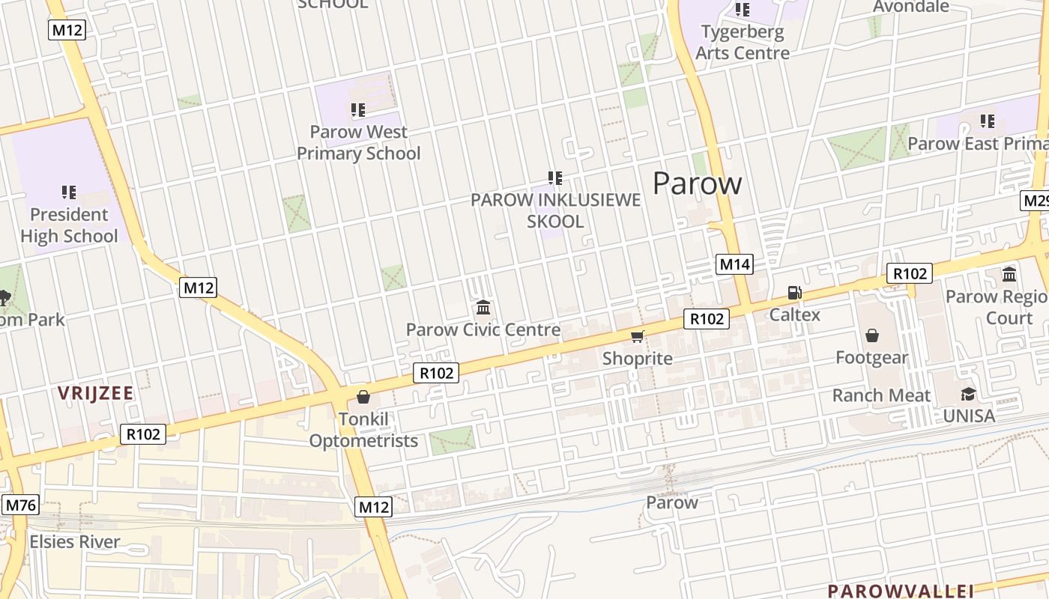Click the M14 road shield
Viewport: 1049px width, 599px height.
pos(734,264)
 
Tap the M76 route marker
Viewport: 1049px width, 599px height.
pos(20,505)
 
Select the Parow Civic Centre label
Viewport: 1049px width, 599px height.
pos(483,329)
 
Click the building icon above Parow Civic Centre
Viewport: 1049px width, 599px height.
pos(483,308)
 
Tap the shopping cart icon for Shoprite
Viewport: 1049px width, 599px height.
pos(637,336)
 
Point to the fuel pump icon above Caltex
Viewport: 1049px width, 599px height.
pos(794,293)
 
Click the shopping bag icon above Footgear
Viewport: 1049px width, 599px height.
pos(871,335)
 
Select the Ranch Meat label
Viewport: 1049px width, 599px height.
pos(881,395)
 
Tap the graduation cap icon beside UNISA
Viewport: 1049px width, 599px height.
pos(969,394)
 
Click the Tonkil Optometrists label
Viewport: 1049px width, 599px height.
pos(363,430)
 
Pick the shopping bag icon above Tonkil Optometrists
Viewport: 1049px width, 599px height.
pos(363,397)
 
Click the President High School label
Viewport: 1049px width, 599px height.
pos(69,225)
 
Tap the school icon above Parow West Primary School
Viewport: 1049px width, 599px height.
pos(358,110)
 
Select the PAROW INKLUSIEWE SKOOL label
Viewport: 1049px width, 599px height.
pos(555,210)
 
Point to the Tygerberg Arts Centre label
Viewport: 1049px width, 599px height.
pos(743,43)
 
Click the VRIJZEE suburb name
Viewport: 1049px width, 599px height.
pos(95,393)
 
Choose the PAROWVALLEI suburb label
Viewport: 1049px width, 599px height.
pos(900,590)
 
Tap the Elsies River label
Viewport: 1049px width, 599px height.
pos(74,541)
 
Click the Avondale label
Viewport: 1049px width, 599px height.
pos(910,7)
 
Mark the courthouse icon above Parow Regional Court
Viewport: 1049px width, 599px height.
pos(1009,274)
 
